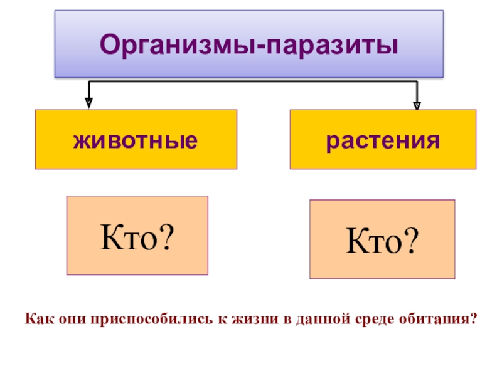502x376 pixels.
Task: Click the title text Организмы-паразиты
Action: [x=248, y=44]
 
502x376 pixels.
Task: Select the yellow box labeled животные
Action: [x=136, y=140]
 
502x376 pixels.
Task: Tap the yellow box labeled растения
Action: [x=382, y=140]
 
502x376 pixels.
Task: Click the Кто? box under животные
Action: [x=137, y=236]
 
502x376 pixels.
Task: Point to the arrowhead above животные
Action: [x=89, y=100]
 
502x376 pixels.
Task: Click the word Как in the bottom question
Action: [x=36, y=319]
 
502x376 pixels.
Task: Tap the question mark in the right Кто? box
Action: [x=411, y=240]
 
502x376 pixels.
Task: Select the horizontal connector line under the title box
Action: [x=251, y=81]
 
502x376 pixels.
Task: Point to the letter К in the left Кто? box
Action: [x=109, y=236]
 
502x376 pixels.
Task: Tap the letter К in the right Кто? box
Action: [x=353, y=240]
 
